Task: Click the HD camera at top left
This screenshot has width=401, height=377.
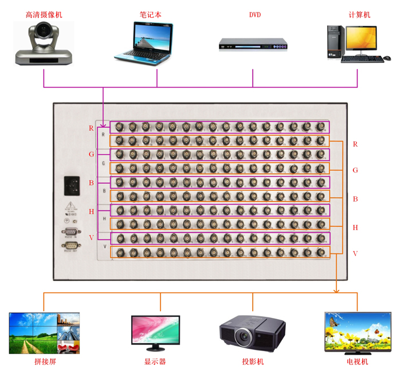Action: [44, 44]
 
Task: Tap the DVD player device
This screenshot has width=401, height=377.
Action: [253, 45]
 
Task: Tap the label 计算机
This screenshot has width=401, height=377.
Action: [359, 15]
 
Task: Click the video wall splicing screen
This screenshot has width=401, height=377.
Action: [44, 333]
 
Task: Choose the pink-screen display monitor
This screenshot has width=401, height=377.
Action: [155, 329]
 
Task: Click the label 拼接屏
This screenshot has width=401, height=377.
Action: [45, 362]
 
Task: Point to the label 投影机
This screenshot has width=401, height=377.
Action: [252, 362]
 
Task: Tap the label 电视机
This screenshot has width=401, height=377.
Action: [356, 362]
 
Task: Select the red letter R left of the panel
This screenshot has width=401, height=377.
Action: [91, 128]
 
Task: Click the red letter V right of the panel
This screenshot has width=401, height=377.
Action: [355, 254]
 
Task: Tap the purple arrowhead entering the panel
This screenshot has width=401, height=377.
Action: [104, 121]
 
